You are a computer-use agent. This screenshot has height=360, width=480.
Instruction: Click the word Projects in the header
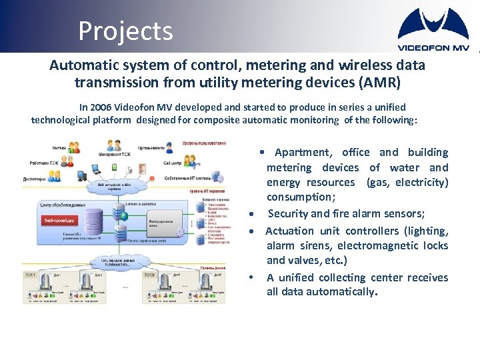coord(125,31)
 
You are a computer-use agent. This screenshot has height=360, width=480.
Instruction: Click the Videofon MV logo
coord(433,30)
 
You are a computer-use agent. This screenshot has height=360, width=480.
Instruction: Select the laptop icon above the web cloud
coord(82,175)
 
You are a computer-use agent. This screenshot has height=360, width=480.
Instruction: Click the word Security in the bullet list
coord(288,213)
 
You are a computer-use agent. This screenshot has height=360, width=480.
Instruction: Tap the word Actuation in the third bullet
coord(289,231)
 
